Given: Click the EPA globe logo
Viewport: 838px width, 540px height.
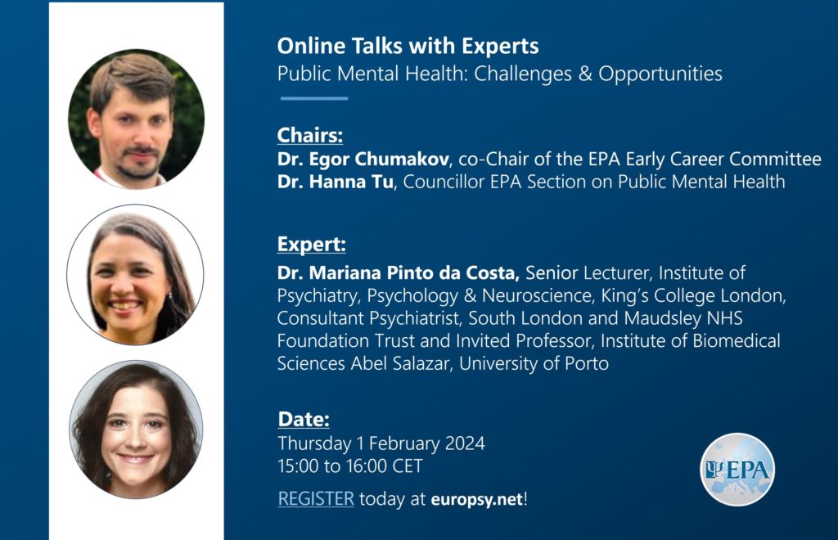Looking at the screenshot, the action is point(737,470).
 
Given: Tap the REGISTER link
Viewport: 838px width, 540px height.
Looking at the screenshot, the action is point(316,499).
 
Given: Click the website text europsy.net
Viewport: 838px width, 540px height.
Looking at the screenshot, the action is point(477,499).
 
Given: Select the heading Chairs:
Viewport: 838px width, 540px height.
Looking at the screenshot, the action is point(310,135).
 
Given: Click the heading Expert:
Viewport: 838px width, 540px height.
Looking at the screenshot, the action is point(312,245).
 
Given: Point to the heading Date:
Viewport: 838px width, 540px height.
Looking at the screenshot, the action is point(304,419).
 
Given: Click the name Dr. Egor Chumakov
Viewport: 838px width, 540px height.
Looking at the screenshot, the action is point(363,160).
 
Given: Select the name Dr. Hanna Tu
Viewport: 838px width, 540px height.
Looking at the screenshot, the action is point(335,182).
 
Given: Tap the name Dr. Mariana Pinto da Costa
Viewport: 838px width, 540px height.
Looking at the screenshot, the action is point(399,273).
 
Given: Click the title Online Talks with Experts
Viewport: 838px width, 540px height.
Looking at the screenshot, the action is point(408,46).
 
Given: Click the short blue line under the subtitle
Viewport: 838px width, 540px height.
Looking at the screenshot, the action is point(314,98).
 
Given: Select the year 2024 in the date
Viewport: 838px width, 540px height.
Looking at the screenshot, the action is point(465,443).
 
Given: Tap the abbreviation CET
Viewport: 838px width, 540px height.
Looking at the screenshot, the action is point(408,466).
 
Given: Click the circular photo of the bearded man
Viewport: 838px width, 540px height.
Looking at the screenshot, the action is point(137,119).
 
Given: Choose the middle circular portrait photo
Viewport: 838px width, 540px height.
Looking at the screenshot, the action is point(135,275).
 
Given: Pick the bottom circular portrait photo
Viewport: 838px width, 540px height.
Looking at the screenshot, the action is point(136,430).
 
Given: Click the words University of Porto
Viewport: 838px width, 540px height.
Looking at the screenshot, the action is point(534,364).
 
